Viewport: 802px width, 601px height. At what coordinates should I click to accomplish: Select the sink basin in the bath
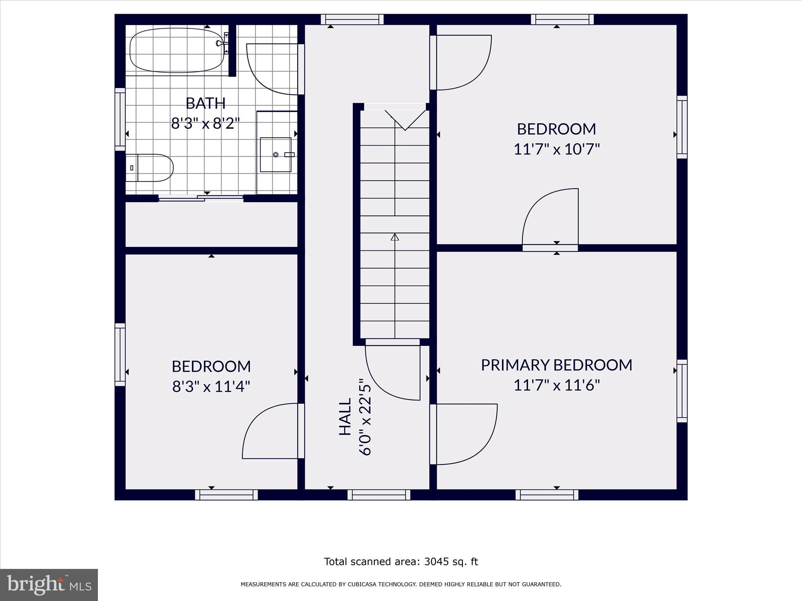276,155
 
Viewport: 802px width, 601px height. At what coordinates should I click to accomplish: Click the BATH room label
206,103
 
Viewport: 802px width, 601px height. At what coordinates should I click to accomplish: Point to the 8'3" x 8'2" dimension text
205,124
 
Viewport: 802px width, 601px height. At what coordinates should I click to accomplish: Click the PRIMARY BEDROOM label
556,365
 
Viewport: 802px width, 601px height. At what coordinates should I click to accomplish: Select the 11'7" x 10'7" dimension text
556,149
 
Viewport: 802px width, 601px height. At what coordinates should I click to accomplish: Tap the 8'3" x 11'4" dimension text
211,387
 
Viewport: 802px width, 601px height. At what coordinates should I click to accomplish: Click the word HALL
345,417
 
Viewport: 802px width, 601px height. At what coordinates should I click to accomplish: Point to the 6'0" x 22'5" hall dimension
365,417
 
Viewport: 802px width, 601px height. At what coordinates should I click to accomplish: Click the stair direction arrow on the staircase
395,237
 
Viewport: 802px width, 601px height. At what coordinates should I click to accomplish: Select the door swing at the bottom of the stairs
392,372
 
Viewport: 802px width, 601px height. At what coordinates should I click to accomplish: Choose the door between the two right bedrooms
550,219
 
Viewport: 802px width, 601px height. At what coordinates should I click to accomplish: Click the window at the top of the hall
352,19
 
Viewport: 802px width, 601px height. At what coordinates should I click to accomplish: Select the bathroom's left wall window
120,119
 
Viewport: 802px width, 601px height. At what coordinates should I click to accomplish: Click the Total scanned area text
401,561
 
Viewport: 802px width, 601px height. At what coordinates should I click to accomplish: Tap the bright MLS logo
49,585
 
